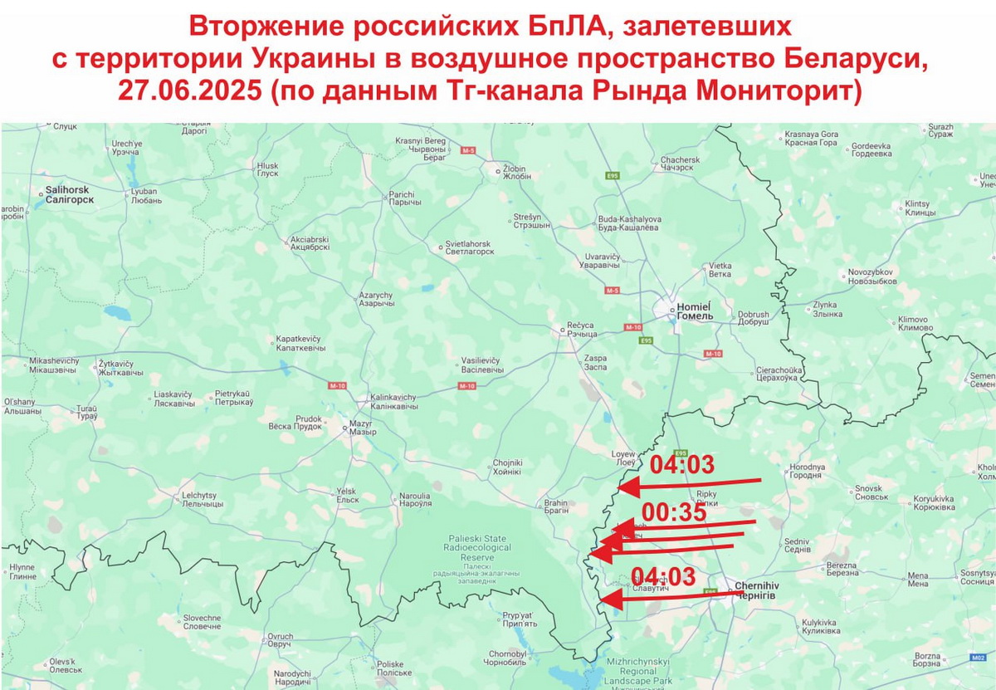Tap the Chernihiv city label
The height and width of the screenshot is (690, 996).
[754, 591]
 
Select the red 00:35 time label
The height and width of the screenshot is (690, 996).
[674, 513]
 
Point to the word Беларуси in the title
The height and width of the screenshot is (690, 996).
[850, 61]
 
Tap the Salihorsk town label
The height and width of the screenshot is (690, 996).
[69, 195]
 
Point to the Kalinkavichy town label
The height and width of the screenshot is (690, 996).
[393, 402]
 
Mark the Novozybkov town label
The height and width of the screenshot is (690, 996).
[871, 276]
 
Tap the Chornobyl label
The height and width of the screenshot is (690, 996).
[508, 657]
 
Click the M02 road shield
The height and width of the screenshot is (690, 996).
[977, 658]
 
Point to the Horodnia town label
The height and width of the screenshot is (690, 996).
[806, 472]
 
